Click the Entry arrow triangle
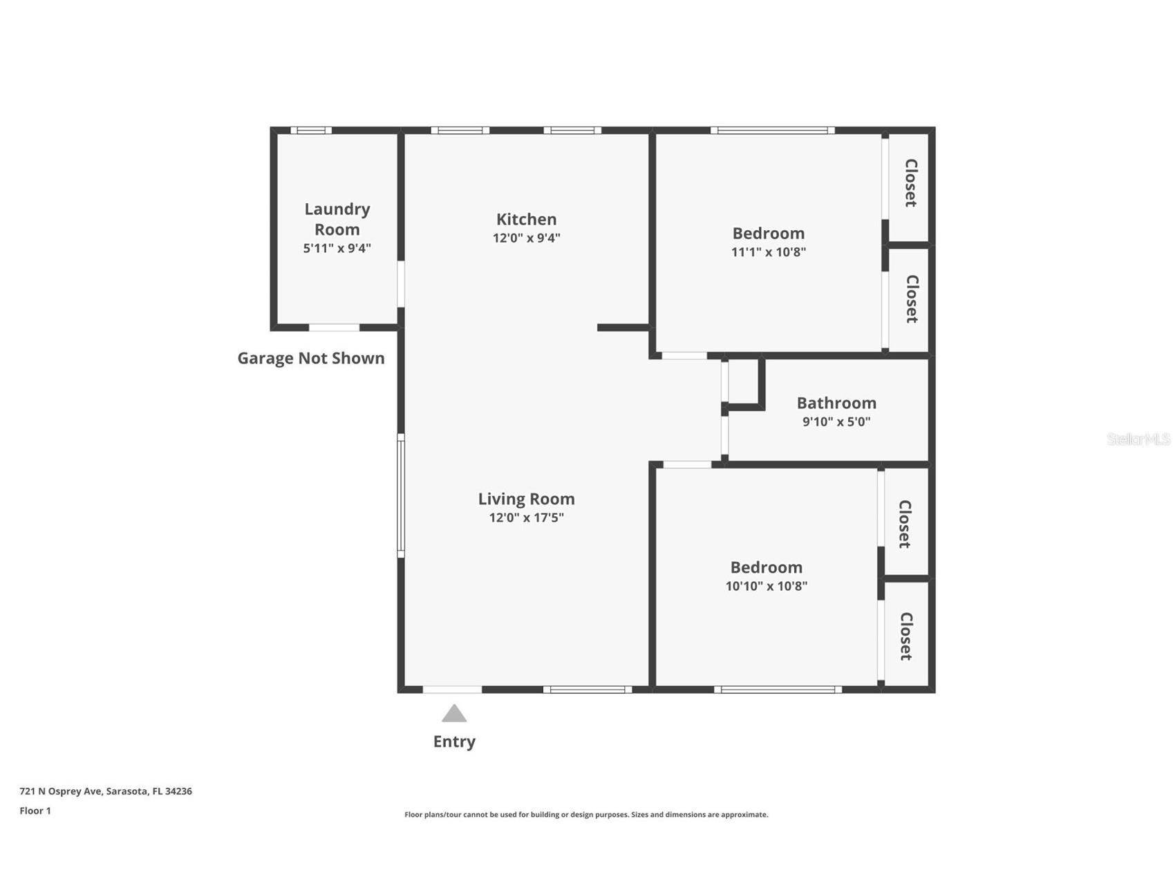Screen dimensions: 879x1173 click(x=454, y=714)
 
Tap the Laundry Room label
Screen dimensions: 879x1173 click(x=337, y=219)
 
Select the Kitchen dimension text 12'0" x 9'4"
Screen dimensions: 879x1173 click(x=526, y=238)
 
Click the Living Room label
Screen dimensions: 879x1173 click(x=526, y=499)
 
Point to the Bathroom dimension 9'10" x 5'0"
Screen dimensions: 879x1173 click(x=836, y=422)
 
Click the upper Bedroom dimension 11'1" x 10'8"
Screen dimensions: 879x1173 click(x=768, y=252)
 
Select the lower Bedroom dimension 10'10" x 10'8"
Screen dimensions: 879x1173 click(x=766, y=586)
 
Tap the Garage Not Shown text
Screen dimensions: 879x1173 click(x=311, y=358)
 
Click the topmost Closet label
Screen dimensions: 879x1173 click(x=911, y=183)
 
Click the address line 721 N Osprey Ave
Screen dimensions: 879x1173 click(x=106, y=791)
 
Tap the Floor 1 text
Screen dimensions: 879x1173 click(x=35, y=811)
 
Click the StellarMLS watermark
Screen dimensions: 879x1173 click(x=1138, y=439)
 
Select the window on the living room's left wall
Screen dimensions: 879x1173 click(x=400, y=495)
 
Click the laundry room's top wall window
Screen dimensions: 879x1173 click(x=310, y=130)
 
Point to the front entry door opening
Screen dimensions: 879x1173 click(x=452, y=690)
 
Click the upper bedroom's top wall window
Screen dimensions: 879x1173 click(x=772, y=130)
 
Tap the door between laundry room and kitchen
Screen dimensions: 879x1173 click(x=401, y=283)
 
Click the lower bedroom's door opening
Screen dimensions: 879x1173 click(x=686, y=464)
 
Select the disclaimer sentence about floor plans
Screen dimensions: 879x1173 click(x=586, y=815)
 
